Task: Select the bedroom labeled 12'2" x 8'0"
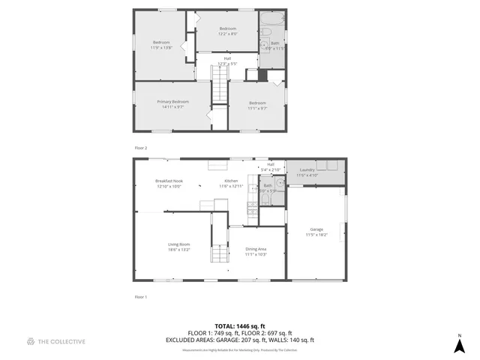point(228,31)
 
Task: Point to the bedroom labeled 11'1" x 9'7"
point(257,105)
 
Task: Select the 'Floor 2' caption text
point(140,148)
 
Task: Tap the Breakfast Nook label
point(169,183)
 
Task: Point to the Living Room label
point(178,246)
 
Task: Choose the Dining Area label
point(256,251)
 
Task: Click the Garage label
point(316,232)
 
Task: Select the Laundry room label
point(307,172)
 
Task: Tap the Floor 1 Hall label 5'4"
point(271,166)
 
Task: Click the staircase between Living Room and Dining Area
point(218,255)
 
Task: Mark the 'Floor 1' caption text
point(140,297)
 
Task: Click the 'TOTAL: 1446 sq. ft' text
point(240,326)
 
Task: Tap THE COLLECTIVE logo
point(55,341)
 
